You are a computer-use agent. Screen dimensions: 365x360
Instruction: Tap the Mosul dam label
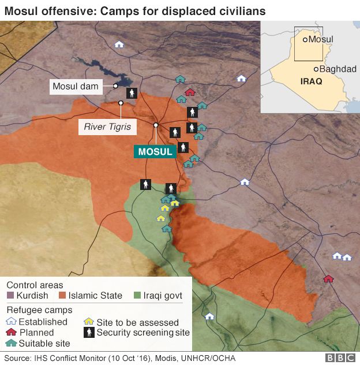(76, 87)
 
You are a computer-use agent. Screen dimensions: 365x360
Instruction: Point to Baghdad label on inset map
(339, 69)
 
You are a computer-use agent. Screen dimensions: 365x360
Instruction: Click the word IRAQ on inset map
(312, 81)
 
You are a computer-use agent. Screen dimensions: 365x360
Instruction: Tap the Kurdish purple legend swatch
(10, 296)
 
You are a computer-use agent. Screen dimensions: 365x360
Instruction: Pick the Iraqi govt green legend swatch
(137, 296)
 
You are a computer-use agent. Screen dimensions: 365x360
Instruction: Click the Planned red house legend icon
(10, 332)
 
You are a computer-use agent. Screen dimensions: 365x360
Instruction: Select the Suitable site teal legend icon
(10, 343)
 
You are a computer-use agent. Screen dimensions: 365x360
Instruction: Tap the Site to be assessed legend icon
(89, 322)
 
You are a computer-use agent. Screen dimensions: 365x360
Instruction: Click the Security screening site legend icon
(89, 332)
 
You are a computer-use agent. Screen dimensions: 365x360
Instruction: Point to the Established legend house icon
(10, 322)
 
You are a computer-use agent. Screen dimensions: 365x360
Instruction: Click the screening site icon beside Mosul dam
(132, 92)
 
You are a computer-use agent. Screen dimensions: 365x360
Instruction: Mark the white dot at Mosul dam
(116, 86)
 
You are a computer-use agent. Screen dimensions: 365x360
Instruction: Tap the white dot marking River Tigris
(121, 103)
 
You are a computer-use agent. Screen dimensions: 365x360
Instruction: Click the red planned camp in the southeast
(328, 278)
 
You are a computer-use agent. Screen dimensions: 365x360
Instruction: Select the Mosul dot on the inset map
(305, 39)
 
